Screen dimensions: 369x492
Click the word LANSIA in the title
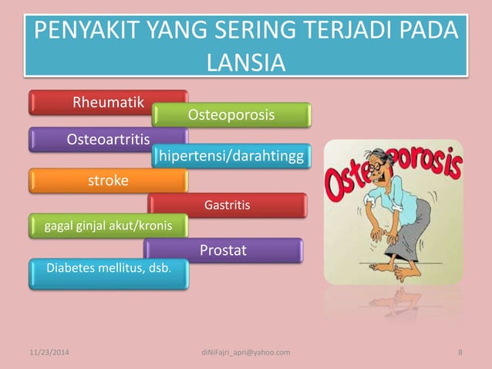coord(246,61)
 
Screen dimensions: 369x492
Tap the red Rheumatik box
coord(108,103)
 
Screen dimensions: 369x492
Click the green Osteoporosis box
coord(231,115)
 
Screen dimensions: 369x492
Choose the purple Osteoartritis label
coord(108,139)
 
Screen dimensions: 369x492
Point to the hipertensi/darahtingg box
coord(231,158)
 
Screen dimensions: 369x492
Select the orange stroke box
coord(108,181)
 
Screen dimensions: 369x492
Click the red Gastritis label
coord(227,205)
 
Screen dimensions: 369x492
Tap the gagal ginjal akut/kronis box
coord(108,225)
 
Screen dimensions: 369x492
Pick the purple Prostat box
coord(223,250)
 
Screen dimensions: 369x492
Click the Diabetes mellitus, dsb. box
coord(108,269)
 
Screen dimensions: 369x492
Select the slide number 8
coord(460,353)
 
